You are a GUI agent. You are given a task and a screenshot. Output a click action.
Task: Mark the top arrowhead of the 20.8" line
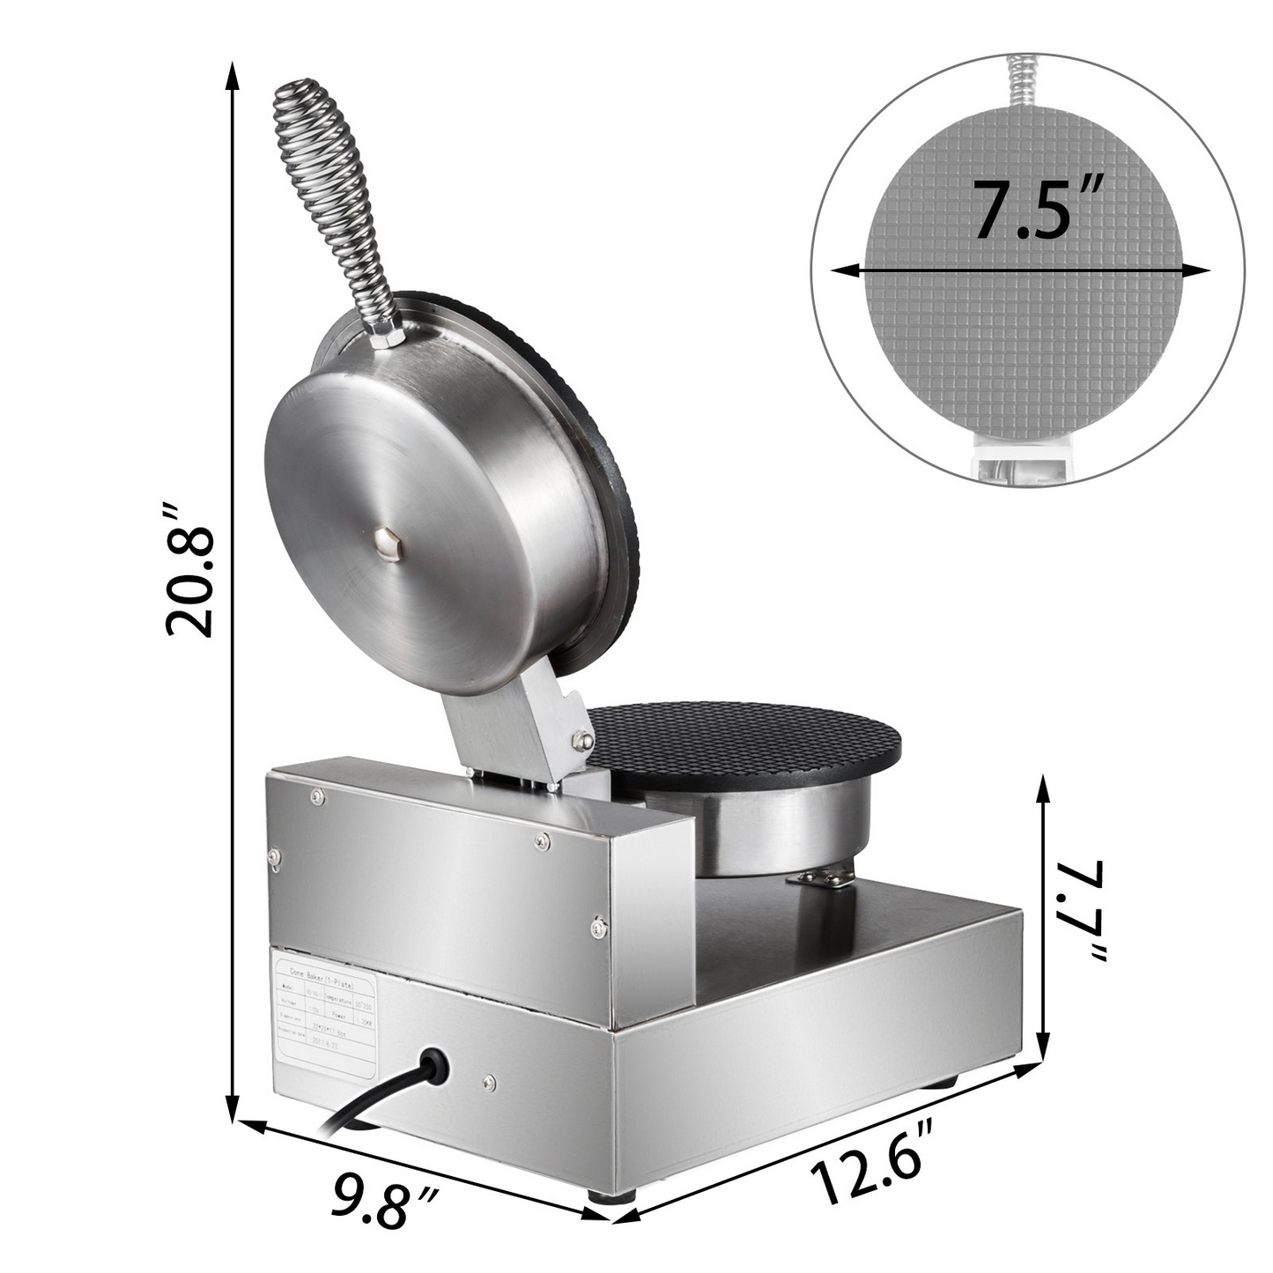pos(233,75)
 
